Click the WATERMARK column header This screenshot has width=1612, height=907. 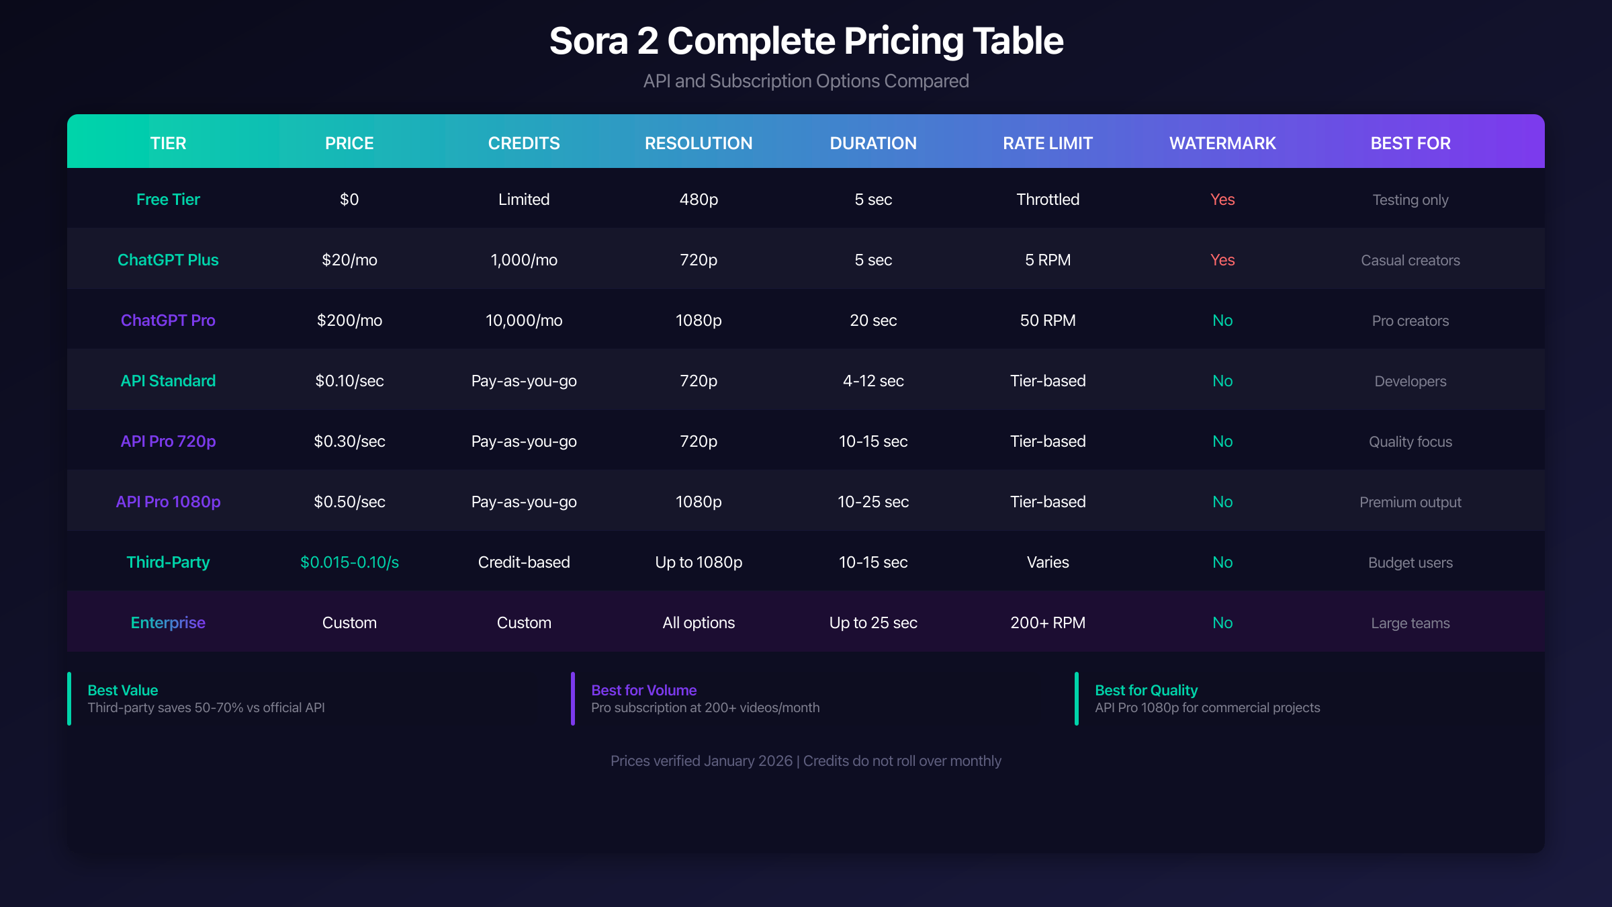click(x=1222, y=143)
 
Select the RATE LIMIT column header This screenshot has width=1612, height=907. click(x=1048, y=143)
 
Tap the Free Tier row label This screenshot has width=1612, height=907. click(x=168, y=200)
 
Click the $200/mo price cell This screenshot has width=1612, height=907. click(x=349, y=320)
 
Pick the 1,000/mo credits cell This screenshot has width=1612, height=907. click(x=524, y=260)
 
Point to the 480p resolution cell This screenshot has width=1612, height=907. click(x=699, y=200)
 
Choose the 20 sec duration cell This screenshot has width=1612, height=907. click(x=873, y=320)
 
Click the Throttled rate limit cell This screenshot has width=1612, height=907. click(x=1048, y=200)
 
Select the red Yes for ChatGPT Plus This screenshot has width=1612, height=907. click(x=1222, y=260)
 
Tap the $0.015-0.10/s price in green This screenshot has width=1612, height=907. click(x=349, y=562)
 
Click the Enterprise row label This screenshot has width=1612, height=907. click(x=168, y=623)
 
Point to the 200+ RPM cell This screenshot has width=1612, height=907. click(x=1048, y=623)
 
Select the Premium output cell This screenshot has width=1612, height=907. click(x=1410, y=502)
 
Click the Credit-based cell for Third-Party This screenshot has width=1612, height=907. click(x=524, y=562)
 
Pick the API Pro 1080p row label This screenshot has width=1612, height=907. click(x=168, y=502)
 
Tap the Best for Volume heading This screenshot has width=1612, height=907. click(x=643, y=690)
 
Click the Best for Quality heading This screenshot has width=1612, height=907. click(x=1146, y=690)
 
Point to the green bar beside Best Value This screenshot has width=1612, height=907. click(x=69, y=699)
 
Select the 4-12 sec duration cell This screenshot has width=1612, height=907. click(x=873, y=381)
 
